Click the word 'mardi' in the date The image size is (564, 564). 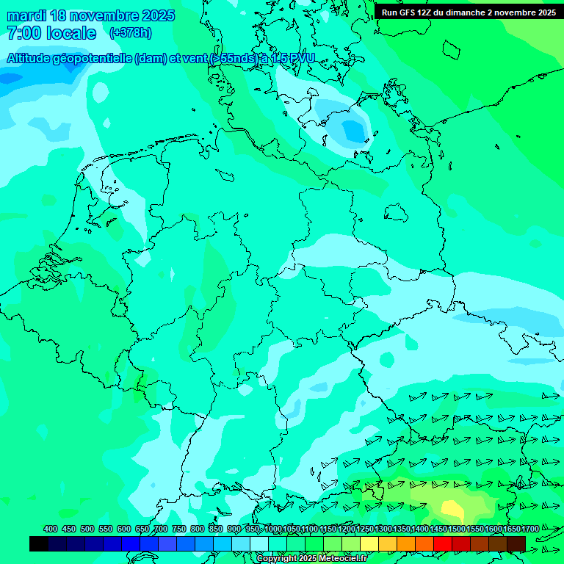[26, 15]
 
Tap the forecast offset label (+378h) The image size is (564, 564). [131, 32]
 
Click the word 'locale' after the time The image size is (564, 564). [72, 33]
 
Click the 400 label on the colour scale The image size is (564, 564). [50, 529]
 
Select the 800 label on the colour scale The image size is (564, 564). [197, 529]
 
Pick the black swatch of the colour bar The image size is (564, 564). [39, 543]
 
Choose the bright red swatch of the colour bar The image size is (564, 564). [443, 543]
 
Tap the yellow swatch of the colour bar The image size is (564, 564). [369, 543]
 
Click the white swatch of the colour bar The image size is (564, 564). [259, 543]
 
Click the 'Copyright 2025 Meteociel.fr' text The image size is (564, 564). [311, 559]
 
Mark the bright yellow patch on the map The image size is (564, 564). [452, 509]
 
